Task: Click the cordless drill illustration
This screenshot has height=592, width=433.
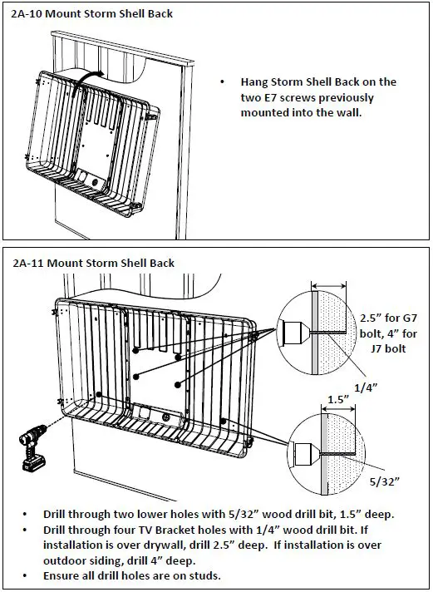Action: click(33, 447)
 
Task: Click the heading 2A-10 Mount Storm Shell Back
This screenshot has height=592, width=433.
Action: click(91, 13)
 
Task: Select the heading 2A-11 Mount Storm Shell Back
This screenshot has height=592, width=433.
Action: click(93, 263)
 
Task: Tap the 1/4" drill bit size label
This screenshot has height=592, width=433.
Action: click(366, 387)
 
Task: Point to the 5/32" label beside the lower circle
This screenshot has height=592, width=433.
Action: click(384, 481)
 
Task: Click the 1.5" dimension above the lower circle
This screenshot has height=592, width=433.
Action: click(338, 399)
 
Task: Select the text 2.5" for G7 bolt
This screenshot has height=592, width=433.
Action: click(388, 326)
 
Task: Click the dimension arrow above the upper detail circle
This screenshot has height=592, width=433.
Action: click(329, 286)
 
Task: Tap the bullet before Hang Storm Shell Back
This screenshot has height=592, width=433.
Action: click(223, 82)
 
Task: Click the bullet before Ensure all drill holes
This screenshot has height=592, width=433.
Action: click(25, 575)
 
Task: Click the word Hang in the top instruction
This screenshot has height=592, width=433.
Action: click(254, 82)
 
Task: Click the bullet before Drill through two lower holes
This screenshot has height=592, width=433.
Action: click(25, 514)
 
